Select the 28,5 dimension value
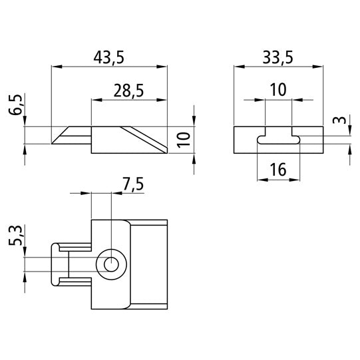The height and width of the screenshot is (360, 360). click(x=128, y=90)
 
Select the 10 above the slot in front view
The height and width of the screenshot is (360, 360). click(x=277, y=90)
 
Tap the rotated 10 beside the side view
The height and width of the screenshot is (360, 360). click(x=184, y=139)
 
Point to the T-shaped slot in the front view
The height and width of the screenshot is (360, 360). click(x=278, y=139)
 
